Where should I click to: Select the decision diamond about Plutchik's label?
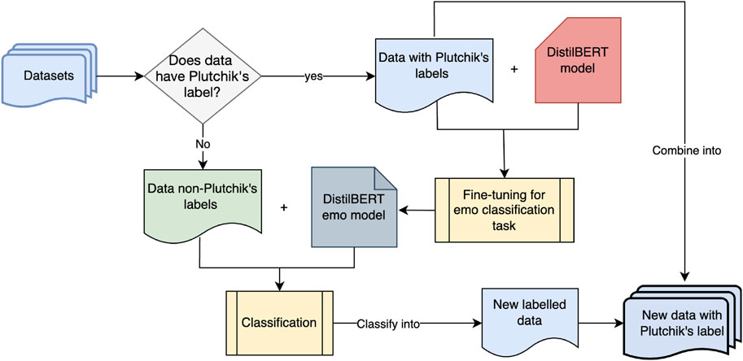(203, 76)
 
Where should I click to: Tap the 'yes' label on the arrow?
(312, 77)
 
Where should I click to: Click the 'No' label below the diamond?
(203, 144)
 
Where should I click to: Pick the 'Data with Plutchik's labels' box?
(434, 72)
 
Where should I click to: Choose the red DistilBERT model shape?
(578, 60)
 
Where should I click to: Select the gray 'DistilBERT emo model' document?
(354, 207)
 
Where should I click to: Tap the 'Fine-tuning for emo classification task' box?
(505, 210)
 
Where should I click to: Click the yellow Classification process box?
(280, 323)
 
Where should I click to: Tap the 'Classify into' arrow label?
(388, 324)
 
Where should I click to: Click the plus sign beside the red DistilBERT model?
(514, 69)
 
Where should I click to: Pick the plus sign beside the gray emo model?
(284, 207)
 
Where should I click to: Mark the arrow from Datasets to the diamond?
(120, 76)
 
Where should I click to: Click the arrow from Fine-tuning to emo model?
(416, 210)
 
